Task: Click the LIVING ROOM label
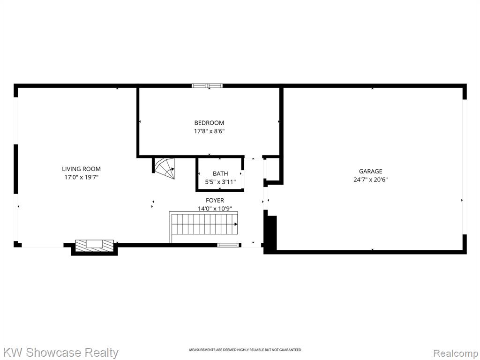81,169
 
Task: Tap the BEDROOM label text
209,123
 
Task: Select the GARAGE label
370,171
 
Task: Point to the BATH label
220,173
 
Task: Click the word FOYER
215,200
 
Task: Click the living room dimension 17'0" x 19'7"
81,177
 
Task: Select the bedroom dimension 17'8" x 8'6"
209,131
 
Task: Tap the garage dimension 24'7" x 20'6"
370,180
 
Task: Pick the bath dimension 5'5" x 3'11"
220,182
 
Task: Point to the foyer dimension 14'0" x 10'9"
215,209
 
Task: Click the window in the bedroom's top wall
207,86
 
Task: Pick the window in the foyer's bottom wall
228,245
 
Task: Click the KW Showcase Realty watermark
60,352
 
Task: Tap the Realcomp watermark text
456,353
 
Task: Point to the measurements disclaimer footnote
245,350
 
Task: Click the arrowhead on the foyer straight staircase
236,224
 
